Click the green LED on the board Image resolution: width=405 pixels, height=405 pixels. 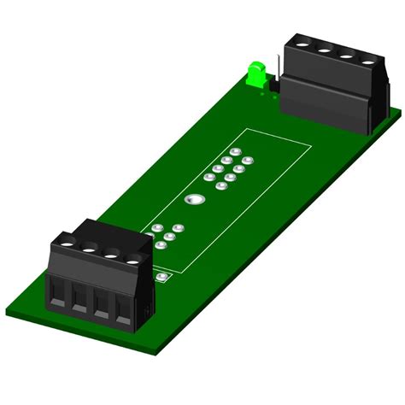click(x=255, y=74)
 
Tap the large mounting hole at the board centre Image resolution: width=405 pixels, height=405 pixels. click(x=194, y=201)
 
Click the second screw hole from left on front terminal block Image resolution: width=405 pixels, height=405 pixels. click(x=89, y=249)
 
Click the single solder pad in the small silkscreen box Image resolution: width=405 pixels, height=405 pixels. click(x=161, y=279)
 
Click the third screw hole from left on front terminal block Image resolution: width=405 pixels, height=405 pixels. click(x=111, y=254)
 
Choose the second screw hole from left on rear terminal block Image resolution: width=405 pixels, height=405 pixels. click(x=324, y=50)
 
